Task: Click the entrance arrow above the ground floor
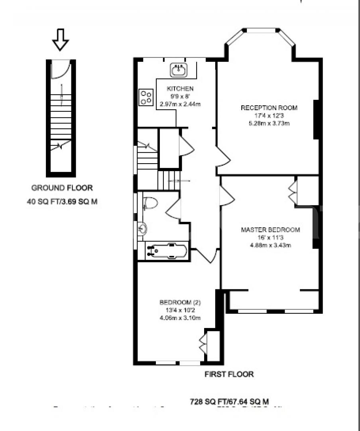pos(61,40)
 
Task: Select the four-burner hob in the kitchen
pos(146,97)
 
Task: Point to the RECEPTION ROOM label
pos(269,108)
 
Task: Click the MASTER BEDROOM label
pos(270,230)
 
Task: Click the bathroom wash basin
pos(142,229)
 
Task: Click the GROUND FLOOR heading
pos(62,188)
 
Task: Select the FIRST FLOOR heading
pos(229,374)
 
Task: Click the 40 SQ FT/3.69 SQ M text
pos(62,202)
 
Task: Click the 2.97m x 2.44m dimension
pos(180,104)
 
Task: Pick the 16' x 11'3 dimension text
pos(270,237)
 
